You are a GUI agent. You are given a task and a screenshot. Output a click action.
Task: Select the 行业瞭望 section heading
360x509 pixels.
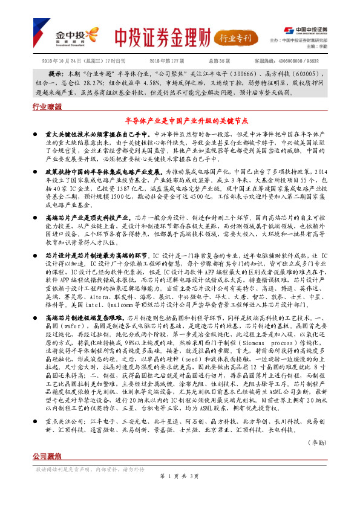[x=47, y=106]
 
